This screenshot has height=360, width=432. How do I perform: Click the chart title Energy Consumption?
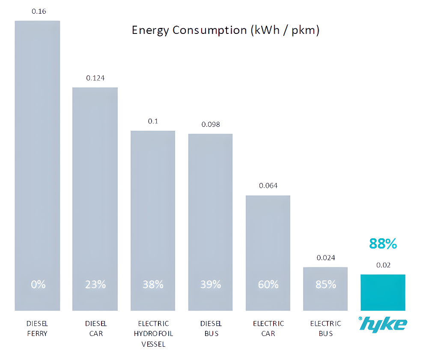point(225,30)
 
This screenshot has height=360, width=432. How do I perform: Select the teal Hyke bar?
point(383,292)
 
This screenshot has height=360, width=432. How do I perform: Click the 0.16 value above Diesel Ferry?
point(39,11)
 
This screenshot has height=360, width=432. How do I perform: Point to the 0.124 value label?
point(95,78)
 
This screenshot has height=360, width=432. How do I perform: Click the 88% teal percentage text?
point(383,244)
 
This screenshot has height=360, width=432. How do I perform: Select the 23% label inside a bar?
point(95,284)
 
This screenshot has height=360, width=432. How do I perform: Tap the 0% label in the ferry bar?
point(38,284)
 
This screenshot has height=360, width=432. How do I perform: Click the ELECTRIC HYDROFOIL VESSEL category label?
point(153,333)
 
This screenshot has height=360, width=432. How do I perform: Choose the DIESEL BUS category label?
point(211,328)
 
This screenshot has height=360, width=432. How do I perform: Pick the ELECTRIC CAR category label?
point(268,328)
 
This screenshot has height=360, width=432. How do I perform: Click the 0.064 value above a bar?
point(268,186)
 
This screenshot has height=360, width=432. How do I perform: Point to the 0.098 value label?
point(211,124)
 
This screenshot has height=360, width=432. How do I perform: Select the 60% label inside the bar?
point(268,284)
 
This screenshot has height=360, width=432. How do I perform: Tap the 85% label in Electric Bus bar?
point(326,284)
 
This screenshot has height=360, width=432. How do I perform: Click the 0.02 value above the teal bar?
point(383,265)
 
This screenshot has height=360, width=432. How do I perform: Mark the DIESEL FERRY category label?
point(37,328)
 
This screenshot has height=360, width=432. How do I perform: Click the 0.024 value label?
point(326,258)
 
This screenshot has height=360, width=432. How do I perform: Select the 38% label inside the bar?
point(153,284)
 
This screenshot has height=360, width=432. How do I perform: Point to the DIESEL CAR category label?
point(95,328)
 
